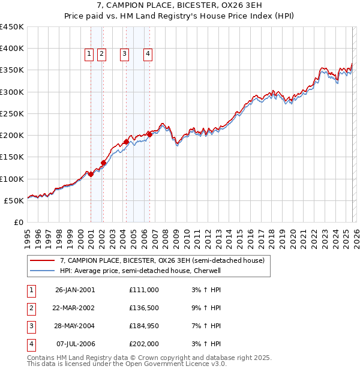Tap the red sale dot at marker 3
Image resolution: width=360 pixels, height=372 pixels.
pos(126,142)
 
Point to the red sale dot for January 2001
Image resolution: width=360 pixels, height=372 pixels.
pos(91,174)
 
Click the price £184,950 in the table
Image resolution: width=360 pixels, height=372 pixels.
pos(144,326)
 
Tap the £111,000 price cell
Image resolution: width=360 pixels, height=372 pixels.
pos(144,290)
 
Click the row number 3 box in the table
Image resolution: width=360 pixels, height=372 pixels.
pos(31,326)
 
